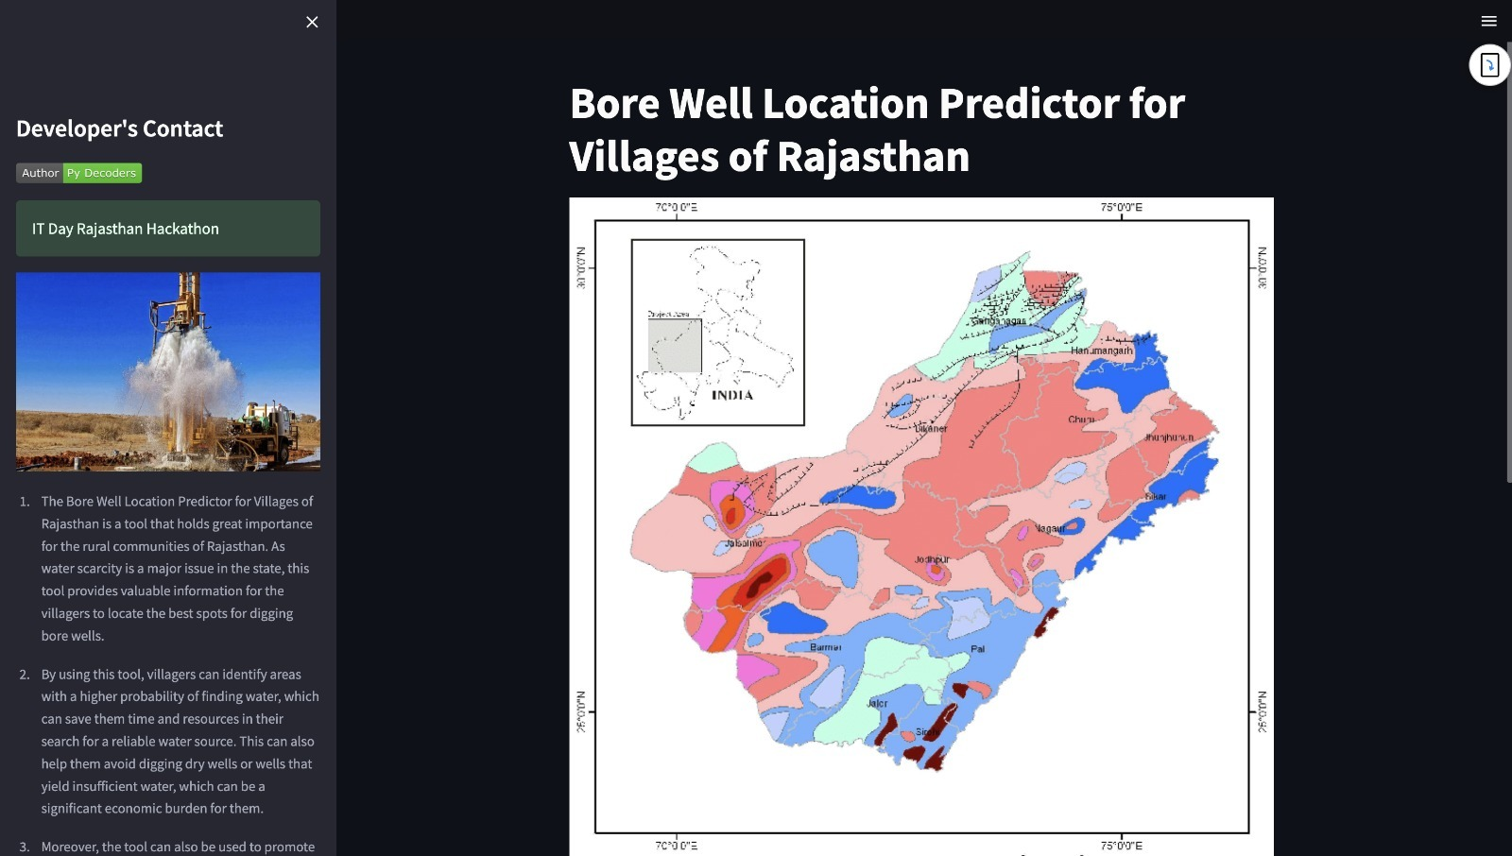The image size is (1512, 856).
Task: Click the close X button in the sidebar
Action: pyautogui.click(x=312, y=22)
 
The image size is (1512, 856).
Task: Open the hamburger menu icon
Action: pyautogui.click(x=1488, y=21)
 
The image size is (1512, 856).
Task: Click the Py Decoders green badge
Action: pyautogui.click(x=102, y=173)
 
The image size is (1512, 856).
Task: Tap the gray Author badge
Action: pyautogui.click(x=40, y=173)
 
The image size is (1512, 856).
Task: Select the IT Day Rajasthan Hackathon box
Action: pyautogui.click(x=168, y=229)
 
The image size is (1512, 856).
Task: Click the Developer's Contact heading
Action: pyautogui.click(x=119, y=128)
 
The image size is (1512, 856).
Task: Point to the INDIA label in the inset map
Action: pyautogui.click(x=732, y=395)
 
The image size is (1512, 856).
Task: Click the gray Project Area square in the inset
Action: pyautogui.click(x=675, y=345)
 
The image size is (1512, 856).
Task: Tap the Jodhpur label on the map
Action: pyautogui.click(x=932, y=559)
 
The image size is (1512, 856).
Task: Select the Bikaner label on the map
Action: pyautogui.click(x=931, y=428)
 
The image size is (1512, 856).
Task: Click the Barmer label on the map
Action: pyautogui.click(x=825, y=647)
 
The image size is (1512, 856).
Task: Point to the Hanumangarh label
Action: pyautogui.click(x=1101, y=351)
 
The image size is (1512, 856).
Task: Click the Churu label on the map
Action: pyautogui.click(x=1081, y=419)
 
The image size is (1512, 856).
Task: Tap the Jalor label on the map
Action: pyautogui.click(x=877, y=703)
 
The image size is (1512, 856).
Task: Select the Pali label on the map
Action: pyautogui.click(x=978, y=649)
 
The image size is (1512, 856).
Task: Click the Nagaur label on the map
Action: pyautogui.click(x=1050, y=528)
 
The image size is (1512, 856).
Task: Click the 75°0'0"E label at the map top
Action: pyautogui.click(x=1121, y=207)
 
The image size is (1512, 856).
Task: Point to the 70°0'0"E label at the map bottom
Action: pyautogui.click(x=676, y=846)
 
